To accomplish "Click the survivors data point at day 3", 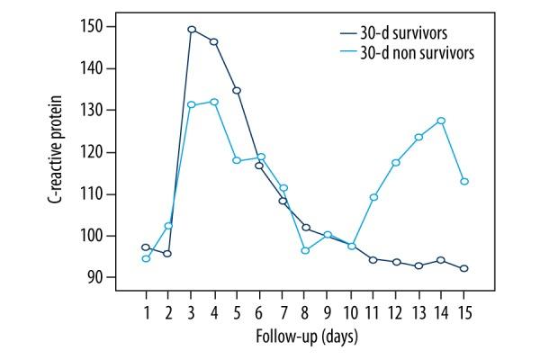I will point(192,29).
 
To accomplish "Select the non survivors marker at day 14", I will point(441,121).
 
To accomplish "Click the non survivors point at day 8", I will point(305,250).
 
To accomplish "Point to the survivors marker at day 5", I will point(237,90).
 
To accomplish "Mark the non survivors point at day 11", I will point(373,197).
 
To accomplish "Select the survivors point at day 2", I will point(167,254).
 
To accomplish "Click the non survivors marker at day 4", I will point(214,102).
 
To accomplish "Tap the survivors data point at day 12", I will point(396,262).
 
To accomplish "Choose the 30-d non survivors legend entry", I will point(400,52).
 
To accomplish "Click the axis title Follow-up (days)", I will point(305,337).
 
